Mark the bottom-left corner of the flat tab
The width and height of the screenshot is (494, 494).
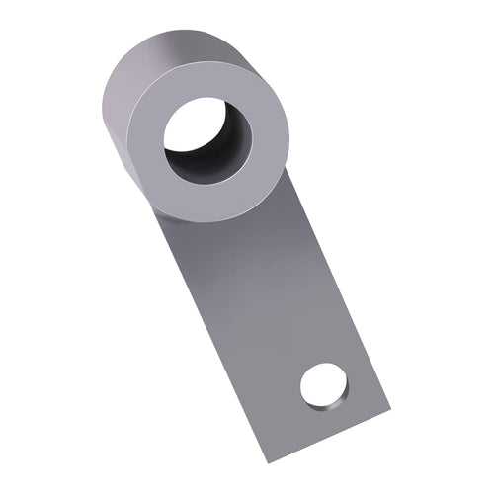click(266, 460)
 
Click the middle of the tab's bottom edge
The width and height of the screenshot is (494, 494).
click(327, 436)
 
